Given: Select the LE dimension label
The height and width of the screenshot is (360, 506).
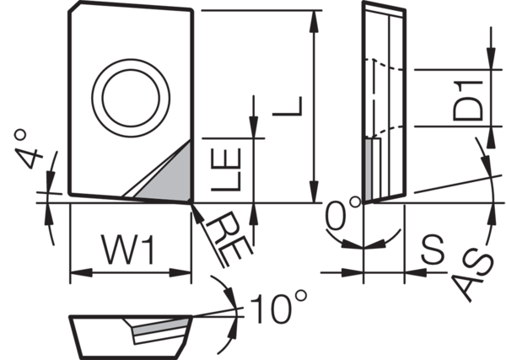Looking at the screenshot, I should coord(230,169).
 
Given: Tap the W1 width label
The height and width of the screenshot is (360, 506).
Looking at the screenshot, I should coord(128,250).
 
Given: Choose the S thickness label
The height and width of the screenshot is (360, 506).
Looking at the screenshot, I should coord(433,249).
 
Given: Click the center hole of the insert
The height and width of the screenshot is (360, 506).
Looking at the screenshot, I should coord(131,95).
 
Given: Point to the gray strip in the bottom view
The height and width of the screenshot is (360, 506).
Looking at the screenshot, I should coord(164,325).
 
